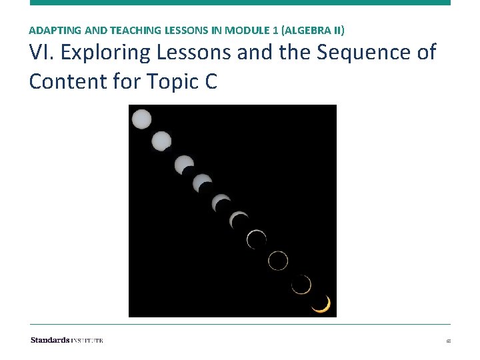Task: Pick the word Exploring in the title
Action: [x=109, y=52]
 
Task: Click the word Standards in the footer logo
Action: [x=49, y=340]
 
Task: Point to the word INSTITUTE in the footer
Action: [x=87, y=340]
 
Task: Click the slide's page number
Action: [x=448, y=341]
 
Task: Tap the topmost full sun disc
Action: [x=141, y=120]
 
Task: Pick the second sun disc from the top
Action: [x=161, y=141]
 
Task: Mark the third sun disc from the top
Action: [x=184, y=164]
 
